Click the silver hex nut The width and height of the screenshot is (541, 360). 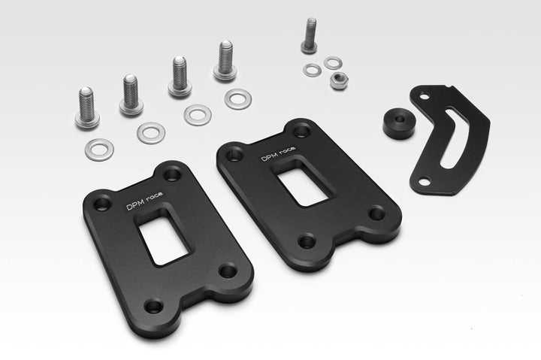(x=339, y=81)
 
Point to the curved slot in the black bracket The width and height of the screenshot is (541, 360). (x=454, y=137)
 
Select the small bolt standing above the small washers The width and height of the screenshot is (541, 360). (x=310, y=35)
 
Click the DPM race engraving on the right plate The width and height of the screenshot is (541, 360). (x=278, y=153)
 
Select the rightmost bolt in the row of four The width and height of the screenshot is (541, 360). (x=225, y=61)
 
